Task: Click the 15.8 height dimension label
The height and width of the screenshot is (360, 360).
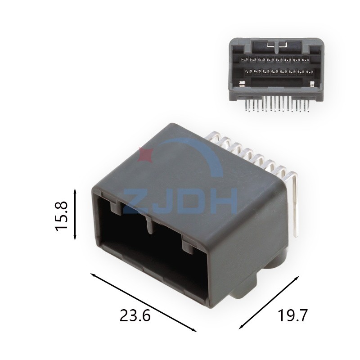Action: tap(61, 216)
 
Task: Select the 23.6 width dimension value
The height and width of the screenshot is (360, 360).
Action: tap(135, 315)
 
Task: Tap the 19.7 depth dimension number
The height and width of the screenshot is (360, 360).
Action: tap(292, 315)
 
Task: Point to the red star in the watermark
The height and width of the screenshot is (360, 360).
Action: tap(145, 155)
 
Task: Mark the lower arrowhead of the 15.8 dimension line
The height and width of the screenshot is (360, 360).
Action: tap(75, 240)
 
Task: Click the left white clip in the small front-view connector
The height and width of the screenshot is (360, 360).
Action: tap(242, 83)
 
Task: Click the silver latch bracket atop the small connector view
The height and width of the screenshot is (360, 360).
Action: tap(275, 45)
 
